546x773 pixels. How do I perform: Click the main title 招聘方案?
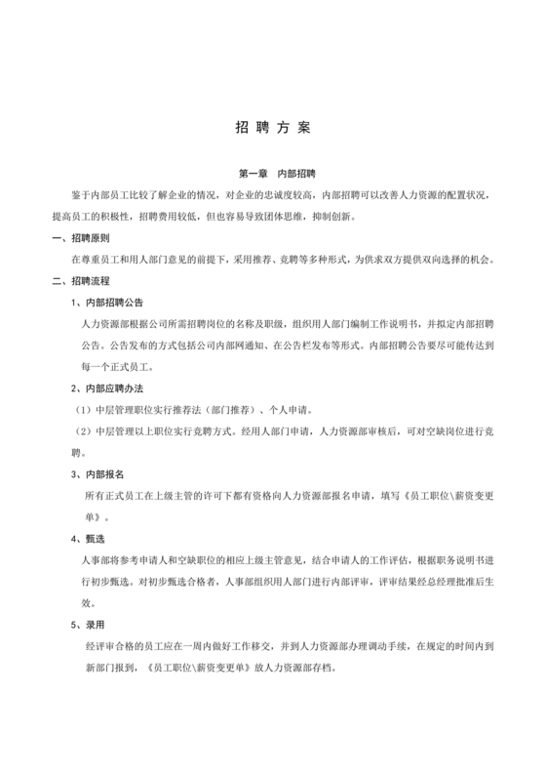273,128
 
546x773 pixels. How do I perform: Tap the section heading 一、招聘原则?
80,239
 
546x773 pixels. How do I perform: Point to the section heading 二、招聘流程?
80,282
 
